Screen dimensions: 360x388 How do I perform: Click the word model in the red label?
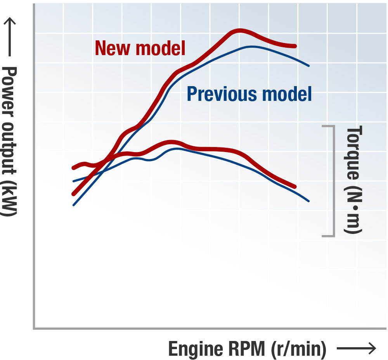click(160, 48)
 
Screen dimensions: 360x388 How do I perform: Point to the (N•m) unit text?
click(353, 208)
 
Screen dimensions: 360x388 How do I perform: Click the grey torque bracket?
click(333, 180)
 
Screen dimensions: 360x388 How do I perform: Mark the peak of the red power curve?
click(239, 31)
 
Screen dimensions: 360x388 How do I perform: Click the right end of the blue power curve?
click(309, 66)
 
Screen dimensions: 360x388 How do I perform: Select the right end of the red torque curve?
click(295, 187)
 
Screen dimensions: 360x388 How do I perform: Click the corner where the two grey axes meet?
click(34, 328)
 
